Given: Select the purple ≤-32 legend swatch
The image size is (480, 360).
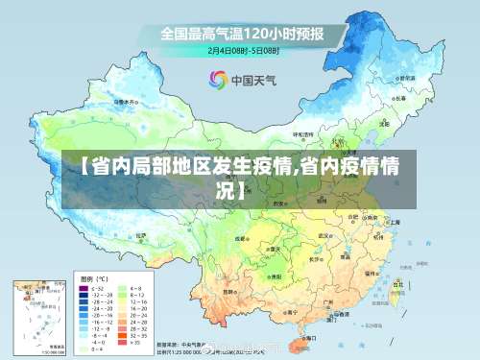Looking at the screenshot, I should click(x=84, y=287).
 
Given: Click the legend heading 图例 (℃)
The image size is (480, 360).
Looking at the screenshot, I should click(x=91, y=276).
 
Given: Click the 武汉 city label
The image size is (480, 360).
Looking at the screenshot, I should click(x=325, y=235).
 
